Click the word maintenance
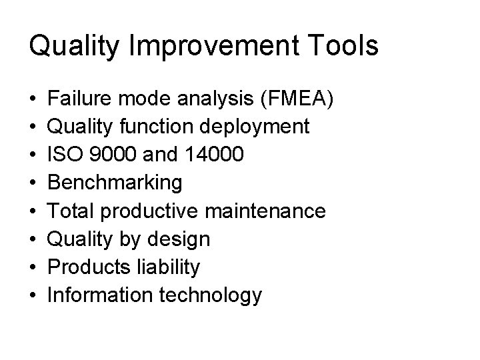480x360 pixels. [x=266, y=211]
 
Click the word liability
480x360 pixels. [x=167, y=267]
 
